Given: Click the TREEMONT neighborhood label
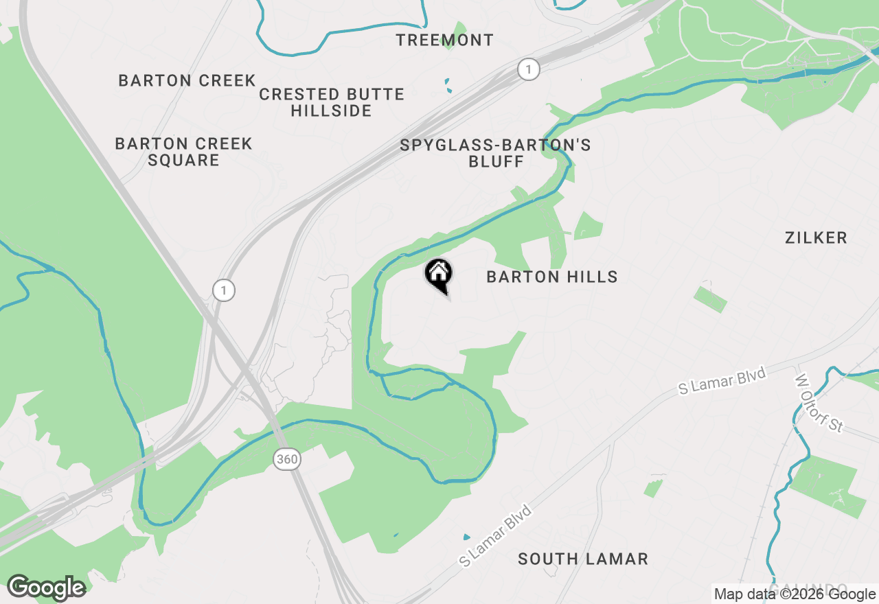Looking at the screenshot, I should [444, 40].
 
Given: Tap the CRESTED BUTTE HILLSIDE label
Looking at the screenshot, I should [332, 102].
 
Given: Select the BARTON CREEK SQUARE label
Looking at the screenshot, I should [183, 152].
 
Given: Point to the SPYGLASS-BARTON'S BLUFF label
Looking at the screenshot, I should [495, 153].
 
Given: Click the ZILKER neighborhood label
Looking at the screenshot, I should [816, 238].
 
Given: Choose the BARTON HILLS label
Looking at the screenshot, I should [552, 277].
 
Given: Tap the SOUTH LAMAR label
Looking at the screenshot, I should [583, 559].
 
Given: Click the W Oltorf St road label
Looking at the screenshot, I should [819, 403].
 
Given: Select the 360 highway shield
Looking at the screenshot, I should [287, 459].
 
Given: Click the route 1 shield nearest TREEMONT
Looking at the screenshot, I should [528, 69].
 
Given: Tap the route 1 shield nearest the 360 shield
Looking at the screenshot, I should [223, 290].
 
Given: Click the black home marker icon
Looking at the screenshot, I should [438, 275].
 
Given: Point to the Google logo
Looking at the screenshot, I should [46, 588].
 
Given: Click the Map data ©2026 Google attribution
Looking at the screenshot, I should [795, 594].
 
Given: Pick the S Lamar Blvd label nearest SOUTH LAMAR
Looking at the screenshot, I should [496, 536].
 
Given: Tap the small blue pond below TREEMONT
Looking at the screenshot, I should [448, 85].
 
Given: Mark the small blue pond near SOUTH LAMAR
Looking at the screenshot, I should [467, 537].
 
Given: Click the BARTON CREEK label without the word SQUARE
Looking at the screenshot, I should [187, 81].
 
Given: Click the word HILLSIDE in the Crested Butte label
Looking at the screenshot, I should [331, 111].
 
